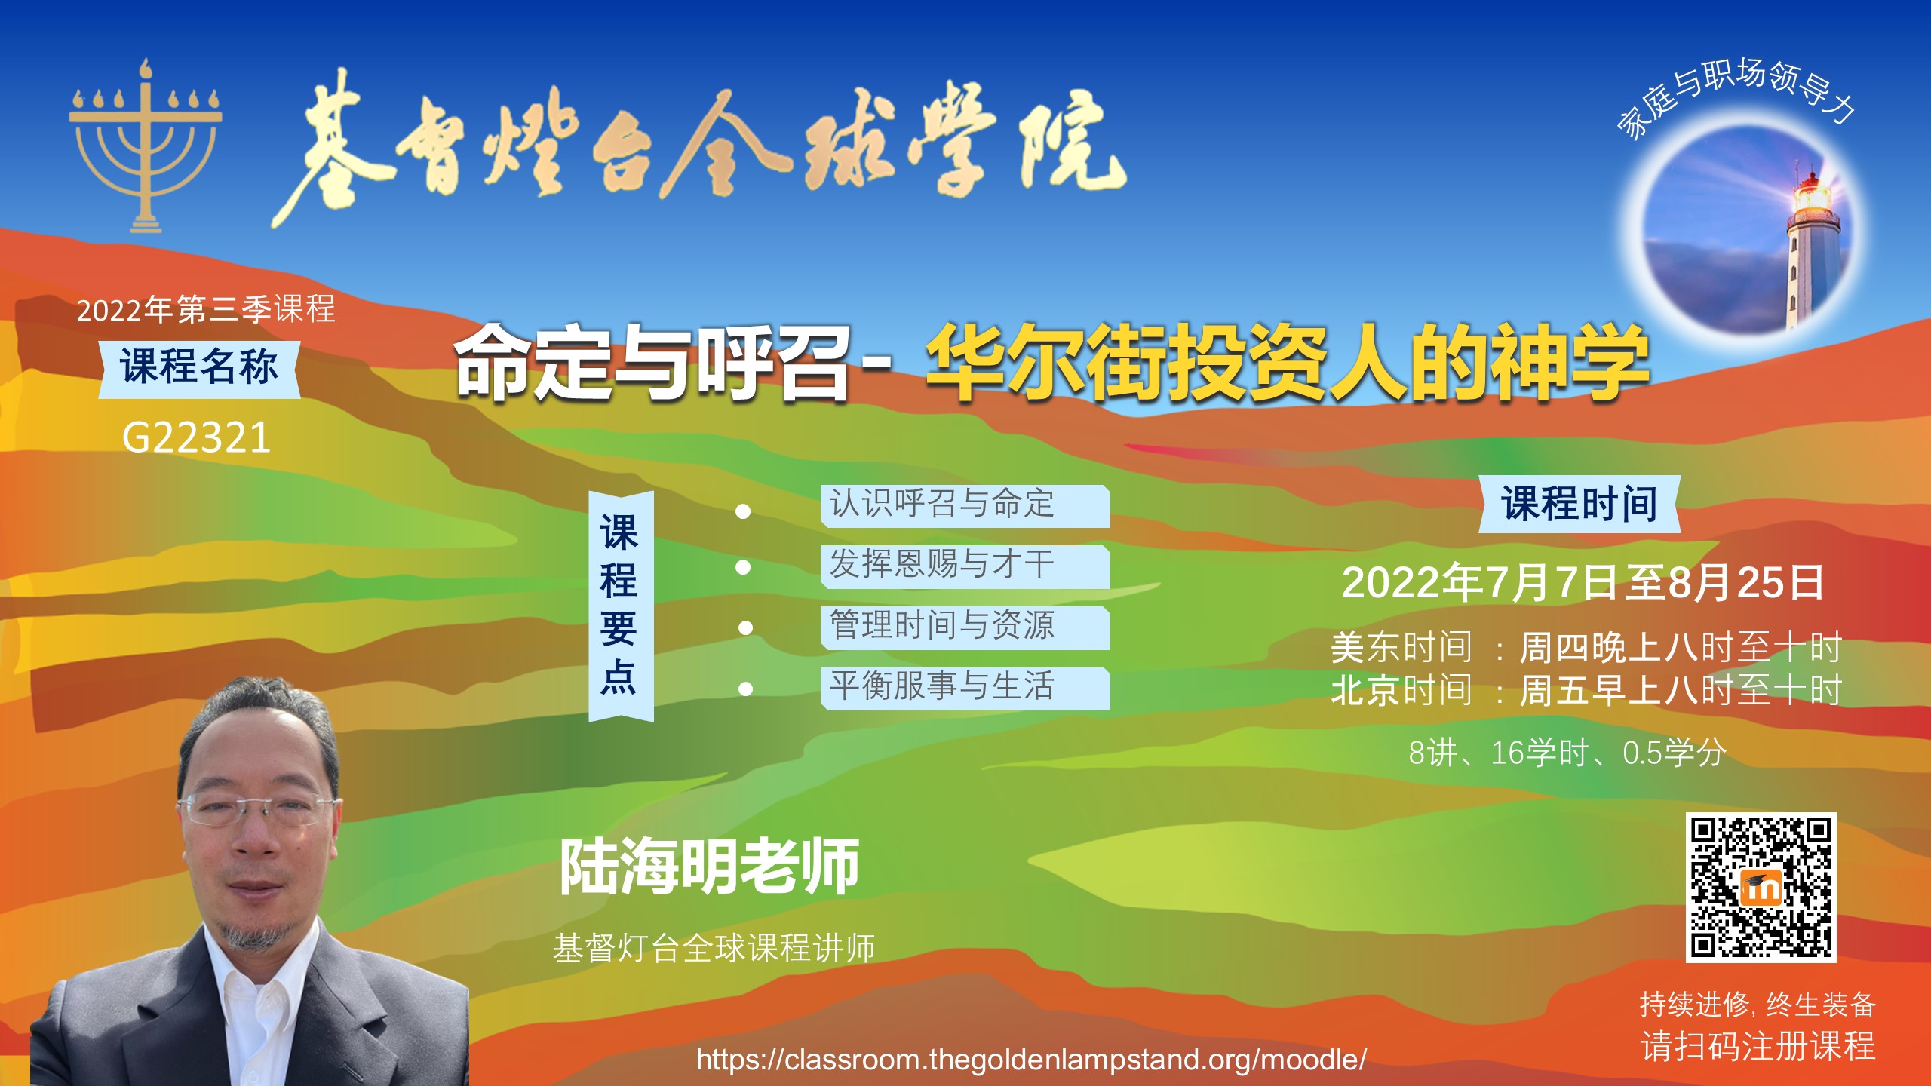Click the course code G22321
pos(196,437)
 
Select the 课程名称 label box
pos(199,369)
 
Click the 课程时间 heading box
pos(1579,504)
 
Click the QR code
pos(1761,888)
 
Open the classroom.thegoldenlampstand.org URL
pos(1031,1060)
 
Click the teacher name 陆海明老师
pos(710,867)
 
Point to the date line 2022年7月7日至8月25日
pos(1583,583)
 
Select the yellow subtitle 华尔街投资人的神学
pos(1287,363)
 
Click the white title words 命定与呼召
pos(653,363)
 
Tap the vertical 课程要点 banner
pos(621,606)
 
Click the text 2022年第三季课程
pos(206,310)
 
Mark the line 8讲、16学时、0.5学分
pos(1567,753)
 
